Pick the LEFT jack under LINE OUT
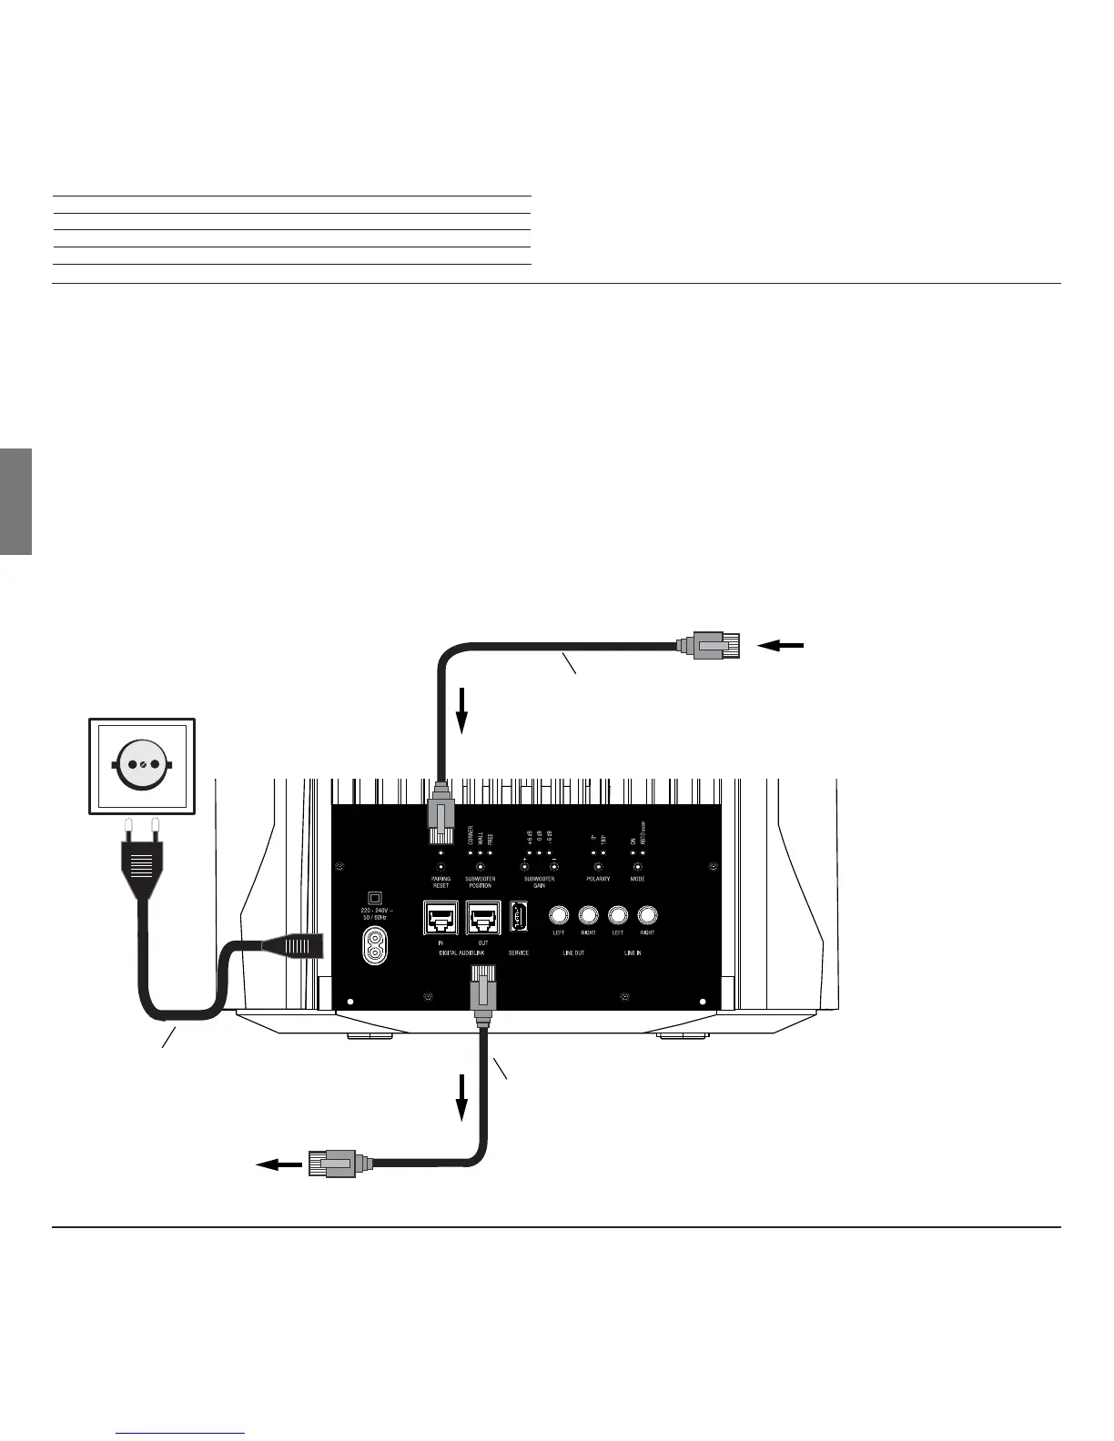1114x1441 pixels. (559, 915)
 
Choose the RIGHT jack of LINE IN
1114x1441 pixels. (647, 915)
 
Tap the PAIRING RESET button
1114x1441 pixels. (441, 866)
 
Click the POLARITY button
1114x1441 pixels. (598, 866)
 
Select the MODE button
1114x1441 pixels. (637, 866)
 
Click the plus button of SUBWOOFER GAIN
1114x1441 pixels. (524, 866)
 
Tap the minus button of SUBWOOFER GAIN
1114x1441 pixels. (553, 866)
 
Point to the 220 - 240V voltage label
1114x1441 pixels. (373, 912)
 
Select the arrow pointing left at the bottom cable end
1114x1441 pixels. (278, 1164)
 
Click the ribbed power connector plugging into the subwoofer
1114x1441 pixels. (293, 946)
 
